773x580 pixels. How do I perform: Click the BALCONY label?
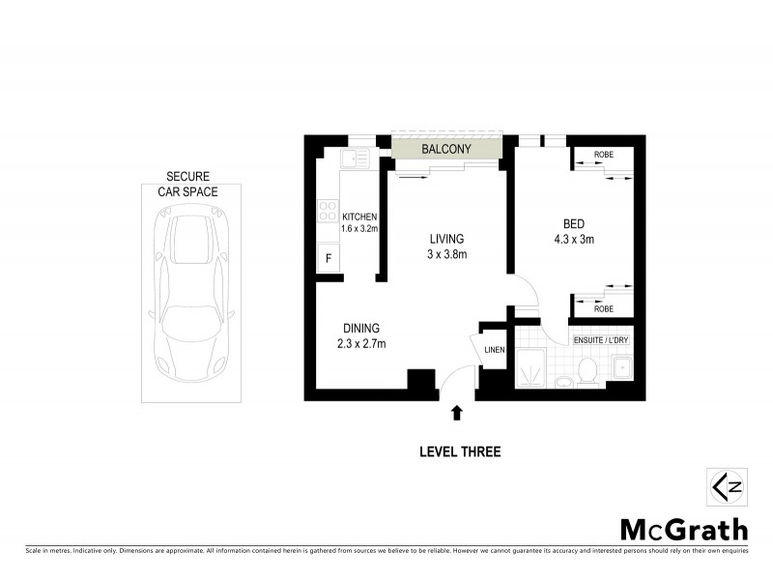(447, 149)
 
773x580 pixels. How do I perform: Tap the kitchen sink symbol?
(356, 156)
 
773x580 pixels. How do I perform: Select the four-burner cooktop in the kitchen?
(327, 217)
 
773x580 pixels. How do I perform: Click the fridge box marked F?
(328, 258)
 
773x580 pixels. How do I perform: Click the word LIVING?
(448, 239)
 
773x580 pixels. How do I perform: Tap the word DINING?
(359, 328)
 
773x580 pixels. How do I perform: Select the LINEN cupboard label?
(493, 349)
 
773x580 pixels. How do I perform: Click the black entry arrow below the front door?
(457, 413)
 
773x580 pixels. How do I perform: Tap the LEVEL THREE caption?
(460, 451)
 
